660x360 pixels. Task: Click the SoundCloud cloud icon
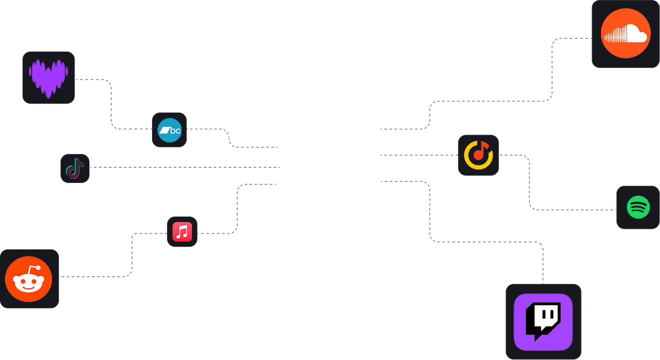[625, 33]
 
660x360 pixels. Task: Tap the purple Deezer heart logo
[48, 77]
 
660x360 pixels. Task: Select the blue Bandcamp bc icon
[169, 130]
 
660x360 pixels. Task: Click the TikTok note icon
[75, 168]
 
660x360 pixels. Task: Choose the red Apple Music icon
[182, 232]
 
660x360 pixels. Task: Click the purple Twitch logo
[543, 322]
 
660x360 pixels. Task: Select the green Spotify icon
[638, 207]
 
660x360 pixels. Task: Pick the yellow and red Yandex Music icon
[478, 155]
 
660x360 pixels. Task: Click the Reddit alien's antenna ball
[38, 268]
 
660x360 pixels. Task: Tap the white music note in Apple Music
[182, 231]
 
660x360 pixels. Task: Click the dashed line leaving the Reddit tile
[95, 276]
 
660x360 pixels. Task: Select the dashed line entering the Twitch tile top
[543, 265]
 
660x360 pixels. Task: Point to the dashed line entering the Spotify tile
[575, 209]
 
